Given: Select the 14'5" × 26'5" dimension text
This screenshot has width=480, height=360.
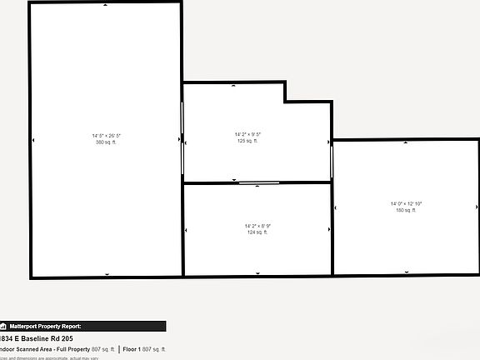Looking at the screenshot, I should point(106,135).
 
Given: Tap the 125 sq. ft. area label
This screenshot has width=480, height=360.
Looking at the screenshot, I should point(247,141).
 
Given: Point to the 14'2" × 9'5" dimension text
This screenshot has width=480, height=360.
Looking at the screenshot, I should point(247,134).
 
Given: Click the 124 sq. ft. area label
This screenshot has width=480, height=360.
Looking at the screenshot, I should point(257,232).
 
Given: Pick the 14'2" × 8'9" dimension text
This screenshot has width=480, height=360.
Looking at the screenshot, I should point(257,226).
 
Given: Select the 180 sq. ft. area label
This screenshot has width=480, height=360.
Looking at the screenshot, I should point(406,210).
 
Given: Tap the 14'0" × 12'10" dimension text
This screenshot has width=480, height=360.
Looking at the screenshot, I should point(407,203).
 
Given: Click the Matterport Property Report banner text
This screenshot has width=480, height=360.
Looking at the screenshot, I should point(46,327).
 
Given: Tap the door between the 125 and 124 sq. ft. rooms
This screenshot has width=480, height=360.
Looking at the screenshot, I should point(259,182).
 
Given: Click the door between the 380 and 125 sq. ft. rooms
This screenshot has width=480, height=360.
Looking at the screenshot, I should point(182,137).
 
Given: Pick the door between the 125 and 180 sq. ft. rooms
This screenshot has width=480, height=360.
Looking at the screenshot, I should point(332,160).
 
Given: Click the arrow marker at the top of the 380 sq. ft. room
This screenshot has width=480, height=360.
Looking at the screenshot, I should point(106,5).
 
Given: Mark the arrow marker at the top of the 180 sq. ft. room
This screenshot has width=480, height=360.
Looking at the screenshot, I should point(406,142).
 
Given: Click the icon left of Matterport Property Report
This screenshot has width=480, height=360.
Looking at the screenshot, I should point(3,327).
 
